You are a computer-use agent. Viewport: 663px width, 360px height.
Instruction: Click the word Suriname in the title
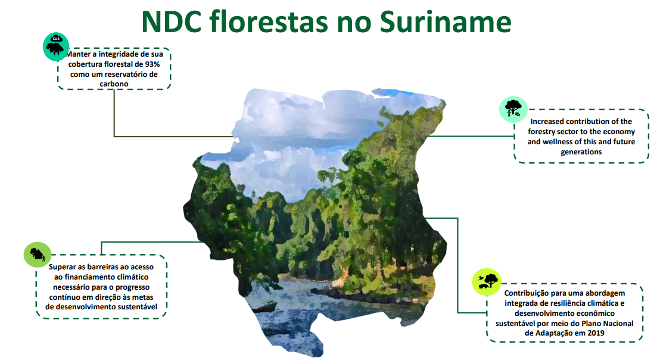(446, 21)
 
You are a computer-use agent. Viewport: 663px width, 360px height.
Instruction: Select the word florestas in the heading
(269, 21)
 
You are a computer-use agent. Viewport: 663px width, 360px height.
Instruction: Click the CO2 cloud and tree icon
(56, 46)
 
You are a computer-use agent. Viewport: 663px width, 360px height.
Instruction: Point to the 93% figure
(152, 64)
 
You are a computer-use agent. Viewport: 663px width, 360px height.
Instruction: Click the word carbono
(114, 84)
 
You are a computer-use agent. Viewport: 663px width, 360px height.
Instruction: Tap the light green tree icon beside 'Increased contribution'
(513, 109)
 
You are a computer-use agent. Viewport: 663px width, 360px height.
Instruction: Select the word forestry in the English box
(541, 132)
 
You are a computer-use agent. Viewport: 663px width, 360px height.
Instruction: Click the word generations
(581, 152)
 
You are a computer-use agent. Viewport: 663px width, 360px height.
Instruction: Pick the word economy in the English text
(620, 132)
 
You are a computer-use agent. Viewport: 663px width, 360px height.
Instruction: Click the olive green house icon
(37, 255)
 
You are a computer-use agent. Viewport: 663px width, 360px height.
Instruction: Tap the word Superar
(62, 267)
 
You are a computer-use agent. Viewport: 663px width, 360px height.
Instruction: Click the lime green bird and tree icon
(487, 282)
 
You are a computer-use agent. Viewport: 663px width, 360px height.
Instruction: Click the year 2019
(596, 333)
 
